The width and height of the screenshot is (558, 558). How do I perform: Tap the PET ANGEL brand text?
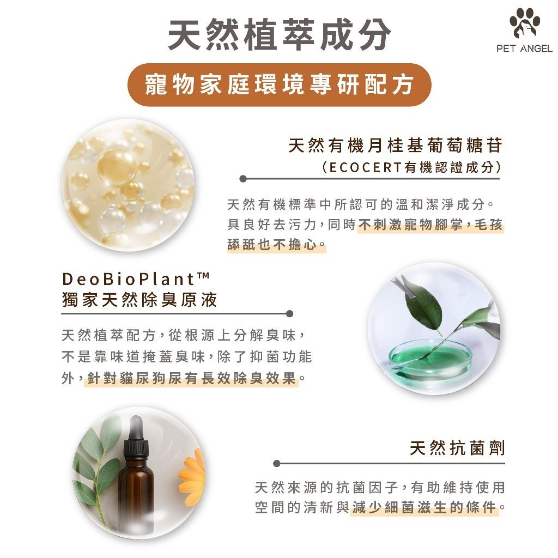524,48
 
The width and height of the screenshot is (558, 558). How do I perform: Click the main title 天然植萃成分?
280,34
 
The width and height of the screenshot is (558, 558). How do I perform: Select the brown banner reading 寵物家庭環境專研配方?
280,84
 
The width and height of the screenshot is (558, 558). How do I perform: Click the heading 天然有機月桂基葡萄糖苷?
395,145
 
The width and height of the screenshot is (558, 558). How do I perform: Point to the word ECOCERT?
366,167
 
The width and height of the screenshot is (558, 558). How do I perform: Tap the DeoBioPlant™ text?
136,278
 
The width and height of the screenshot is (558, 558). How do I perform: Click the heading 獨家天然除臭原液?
139,300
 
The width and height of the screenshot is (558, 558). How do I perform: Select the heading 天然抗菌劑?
457,448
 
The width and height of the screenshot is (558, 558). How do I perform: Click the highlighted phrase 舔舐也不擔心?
272,245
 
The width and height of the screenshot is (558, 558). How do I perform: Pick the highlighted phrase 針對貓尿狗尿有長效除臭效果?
192,378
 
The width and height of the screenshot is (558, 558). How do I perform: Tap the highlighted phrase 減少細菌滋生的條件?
424,507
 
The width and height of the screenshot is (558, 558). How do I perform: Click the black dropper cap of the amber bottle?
136,436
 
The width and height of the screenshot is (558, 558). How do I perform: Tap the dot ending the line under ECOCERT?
243,179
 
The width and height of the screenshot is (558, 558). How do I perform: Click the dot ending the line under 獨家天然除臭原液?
290,313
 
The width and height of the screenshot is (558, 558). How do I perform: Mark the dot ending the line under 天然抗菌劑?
276,463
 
